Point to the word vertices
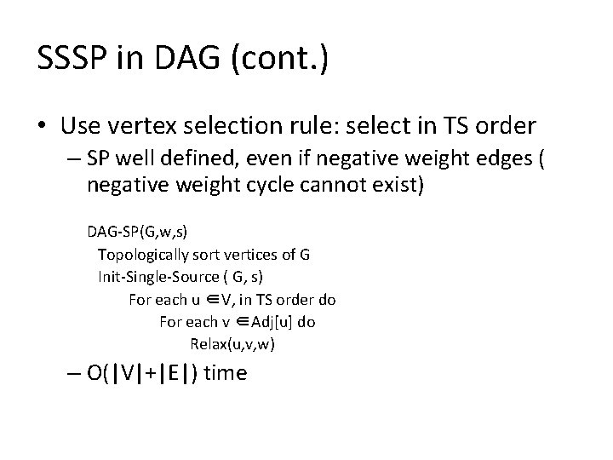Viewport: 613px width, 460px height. tap(259, 254)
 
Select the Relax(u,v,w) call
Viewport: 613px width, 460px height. tap(232, 345)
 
